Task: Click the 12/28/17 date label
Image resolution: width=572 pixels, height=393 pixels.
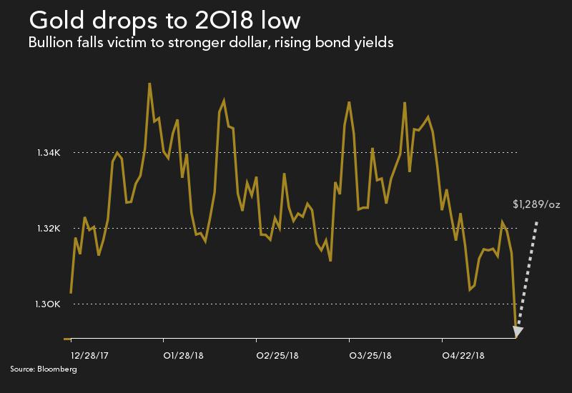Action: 89,355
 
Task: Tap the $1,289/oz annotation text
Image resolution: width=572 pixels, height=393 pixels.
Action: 536,204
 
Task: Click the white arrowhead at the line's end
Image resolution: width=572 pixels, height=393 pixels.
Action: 518,332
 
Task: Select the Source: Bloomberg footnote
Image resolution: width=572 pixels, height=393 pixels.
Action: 43,369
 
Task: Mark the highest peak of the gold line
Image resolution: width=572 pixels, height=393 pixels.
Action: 149,84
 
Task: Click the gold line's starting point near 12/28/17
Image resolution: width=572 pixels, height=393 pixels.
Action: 71,292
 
